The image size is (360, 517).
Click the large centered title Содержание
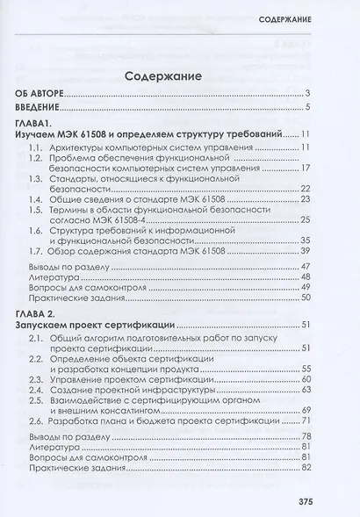click(163, 76)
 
